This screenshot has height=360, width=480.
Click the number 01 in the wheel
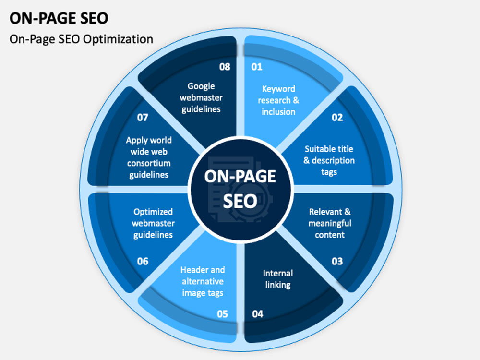256,67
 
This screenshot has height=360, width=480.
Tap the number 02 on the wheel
337,117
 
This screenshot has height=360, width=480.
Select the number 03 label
337,261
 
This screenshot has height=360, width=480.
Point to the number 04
257,314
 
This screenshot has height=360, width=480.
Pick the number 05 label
222,314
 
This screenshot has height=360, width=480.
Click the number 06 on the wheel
143,261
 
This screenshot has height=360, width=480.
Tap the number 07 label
143,117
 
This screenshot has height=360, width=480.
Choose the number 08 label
225,67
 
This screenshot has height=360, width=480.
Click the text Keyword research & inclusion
278,100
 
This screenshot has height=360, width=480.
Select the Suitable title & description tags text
329,160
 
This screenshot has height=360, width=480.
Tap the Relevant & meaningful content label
330,223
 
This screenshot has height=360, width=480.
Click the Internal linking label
278,279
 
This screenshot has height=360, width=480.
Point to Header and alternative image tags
203,281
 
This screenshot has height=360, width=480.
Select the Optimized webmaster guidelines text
153,223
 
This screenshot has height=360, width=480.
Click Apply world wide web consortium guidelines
149,157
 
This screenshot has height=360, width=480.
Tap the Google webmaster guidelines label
201,97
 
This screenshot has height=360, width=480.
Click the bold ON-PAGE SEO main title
59,18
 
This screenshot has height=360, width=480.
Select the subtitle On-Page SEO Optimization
81,39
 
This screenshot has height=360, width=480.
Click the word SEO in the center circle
240,201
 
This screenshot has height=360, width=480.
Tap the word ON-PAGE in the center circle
240,176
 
